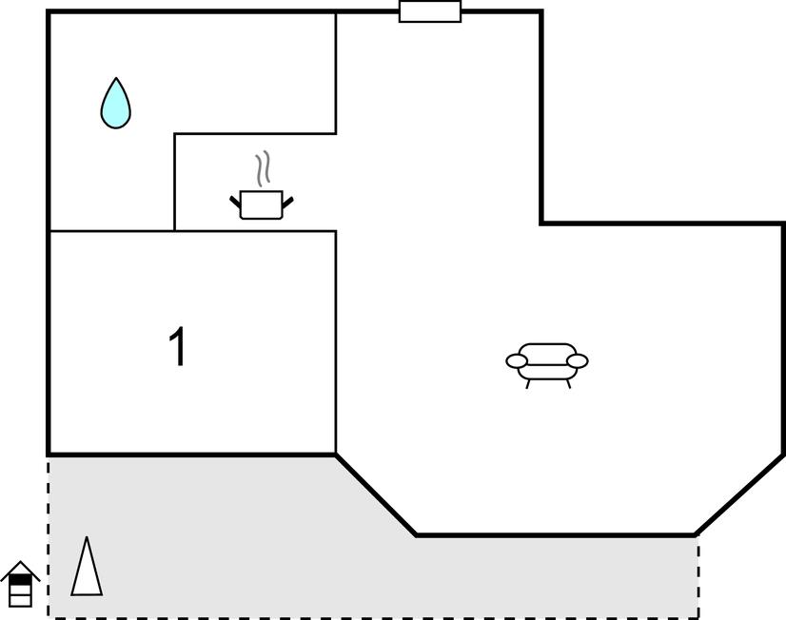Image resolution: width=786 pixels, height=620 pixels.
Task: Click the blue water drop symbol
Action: [116, 103]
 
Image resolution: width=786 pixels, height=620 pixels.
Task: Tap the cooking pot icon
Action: [261, 204]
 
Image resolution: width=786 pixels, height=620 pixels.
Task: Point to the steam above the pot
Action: [263, 168]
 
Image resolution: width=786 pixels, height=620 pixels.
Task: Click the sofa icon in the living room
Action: [547, 365]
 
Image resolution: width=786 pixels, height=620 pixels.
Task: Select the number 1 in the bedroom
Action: [177, 346]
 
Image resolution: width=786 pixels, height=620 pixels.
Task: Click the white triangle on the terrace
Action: [87, 566]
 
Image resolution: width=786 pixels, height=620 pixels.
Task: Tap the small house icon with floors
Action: [20, 584]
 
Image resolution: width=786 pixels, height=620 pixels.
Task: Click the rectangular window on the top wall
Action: [430, 11]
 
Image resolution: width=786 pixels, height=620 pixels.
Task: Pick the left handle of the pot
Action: [235, 202]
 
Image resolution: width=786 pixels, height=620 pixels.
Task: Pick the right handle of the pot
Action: [287, 203]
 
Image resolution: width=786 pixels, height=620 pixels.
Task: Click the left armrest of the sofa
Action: [517, 360]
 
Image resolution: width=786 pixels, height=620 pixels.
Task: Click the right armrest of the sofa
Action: [577, 360]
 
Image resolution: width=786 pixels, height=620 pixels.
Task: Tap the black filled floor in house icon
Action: [20, 579]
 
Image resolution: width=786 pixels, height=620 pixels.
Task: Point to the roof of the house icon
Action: [20, 571]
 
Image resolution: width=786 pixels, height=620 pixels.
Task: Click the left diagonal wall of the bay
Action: [376, 494]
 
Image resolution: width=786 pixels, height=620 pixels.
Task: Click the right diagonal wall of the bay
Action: [740, 494]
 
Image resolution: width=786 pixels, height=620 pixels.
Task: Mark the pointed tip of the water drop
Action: [116, 78]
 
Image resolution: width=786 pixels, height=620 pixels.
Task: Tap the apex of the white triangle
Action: [87, 537]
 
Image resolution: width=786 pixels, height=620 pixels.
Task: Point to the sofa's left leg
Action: [528, 384]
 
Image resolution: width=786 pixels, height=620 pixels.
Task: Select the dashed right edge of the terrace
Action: [698, 577]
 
